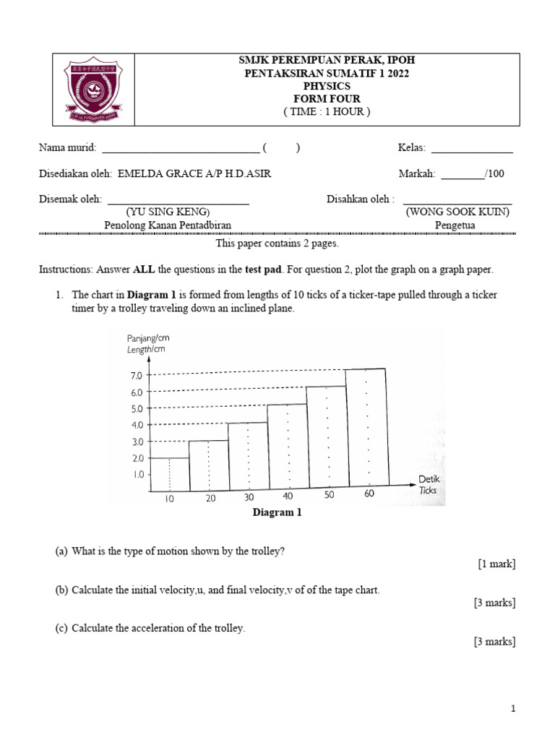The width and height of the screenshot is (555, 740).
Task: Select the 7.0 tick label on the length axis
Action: pyautogui.click(x=136, y=375)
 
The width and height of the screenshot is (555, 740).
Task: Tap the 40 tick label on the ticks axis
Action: pyautogui.click(x=288, y=496)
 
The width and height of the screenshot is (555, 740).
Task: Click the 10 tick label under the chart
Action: pyautogui.click(x=169, y=499)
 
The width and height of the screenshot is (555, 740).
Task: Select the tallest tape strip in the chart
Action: pyautogui.click(x=368, y=426)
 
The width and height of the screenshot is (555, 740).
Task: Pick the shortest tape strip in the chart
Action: pyautogui.click(x=169, y=471)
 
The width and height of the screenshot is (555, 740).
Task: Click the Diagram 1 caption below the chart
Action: pyautogui.click(x=277, y=513)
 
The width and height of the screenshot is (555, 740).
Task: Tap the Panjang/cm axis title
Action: pyautogui.click(x=148, y=338)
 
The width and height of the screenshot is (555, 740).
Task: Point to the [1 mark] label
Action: pyautogui.click(x=496, y=564)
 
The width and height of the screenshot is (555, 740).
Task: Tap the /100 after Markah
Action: pyautogui.click(x=495, y=173)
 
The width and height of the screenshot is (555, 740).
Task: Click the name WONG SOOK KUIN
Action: pyautogui.click(x=457, y=212)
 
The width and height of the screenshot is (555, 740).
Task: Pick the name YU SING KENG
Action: pyautogui.click(x=168, y=212)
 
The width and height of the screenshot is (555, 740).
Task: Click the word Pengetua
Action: pyautogui.click(x=455, y=225)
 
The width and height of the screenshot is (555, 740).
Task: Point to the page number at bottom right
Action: pyautogui.click(x=513, y=710)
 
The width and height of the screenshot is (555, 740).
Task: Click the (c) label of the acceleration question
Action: pyautogui.click(x=61, y=628)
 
